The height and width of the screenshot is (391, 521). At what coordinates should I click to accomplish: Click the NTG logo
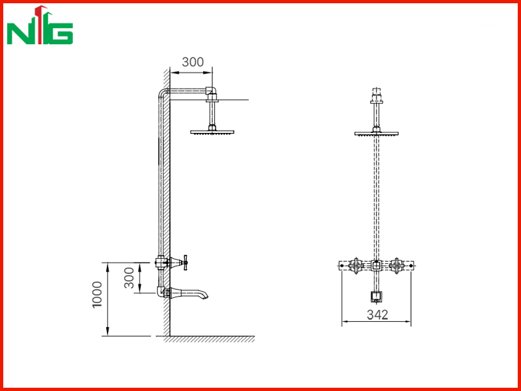tap(40, 25)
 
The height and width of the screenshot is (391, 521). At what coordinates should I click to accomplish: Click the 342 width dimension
tap(377, 315)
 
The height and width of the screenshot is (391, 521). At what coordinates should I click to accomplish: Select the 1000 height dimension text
tap(98, 295)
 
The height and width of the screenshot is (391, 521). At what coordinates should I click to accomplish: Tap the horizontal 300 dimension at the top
tap(193, 62)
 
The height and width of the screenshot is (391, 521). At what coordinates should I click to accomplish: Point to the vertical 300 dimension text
tap(129, 278)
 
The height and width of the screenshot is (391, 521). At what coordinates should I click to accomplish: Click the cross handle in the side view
tap(185, 263)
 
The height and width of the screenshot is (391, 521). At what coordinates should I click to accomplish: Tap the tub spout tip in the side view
tap(206, 297)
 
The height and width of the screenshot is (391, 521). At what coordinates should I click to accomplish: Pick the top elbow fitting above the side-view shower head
tap(211, 91)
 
